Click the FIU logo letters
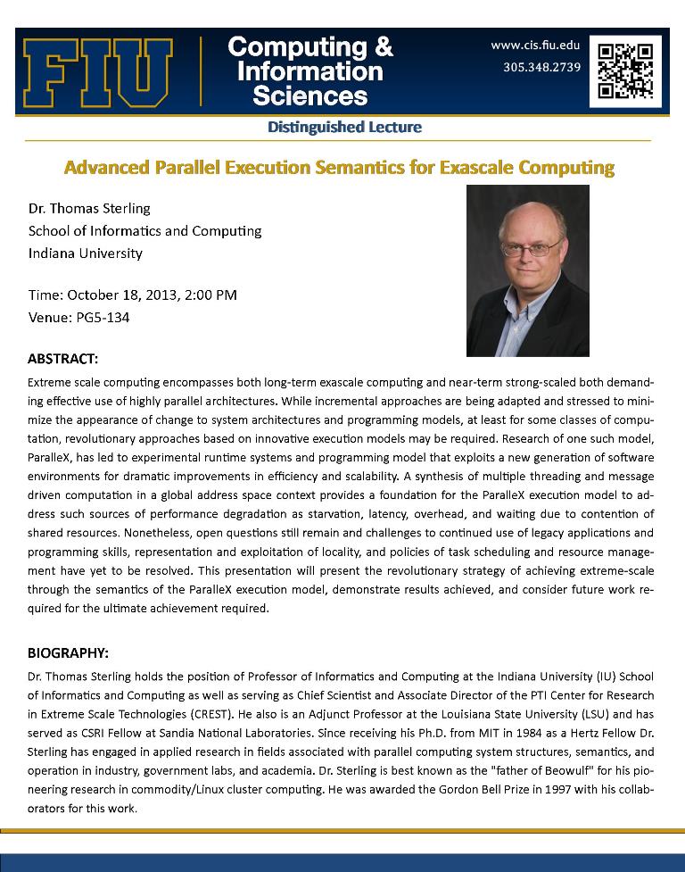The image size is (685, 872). click(x=98, y=72)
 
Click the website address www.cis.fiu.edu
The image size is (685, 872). click(x=535, y=45)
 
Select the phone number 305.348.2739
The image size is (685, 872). click(x=542, y=66)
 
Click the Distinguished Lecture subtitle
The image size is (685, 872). click(x=344, y=128)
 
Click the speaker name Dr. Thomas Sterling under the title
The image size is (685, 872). click(x=89, y=208)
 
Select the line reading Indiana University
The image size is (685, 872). click(x=86, y=253)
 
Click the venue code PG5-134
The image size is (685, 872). click(x=100, y=317)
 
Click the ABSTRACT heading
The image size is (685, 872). click(x=62, y=359)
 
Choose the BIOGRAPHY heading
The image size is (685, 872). click(x=68, y=652)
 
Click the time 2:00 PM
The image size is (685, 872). click(x=210, y=295)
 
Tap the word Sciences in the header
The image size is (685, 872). click(x=309, y=95)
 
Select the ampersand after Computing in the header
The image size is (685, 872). click(x=383, y=46)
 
